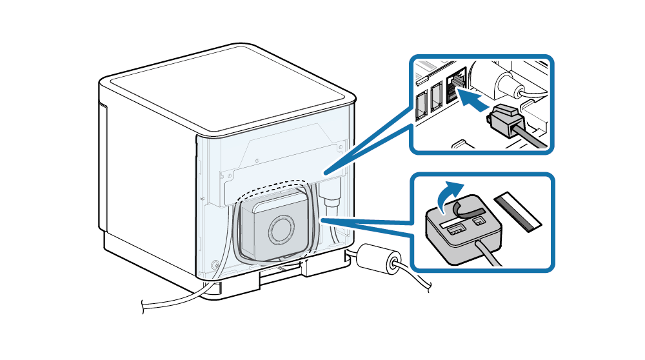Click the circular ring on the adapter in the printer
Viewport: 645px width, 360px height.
283,228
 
